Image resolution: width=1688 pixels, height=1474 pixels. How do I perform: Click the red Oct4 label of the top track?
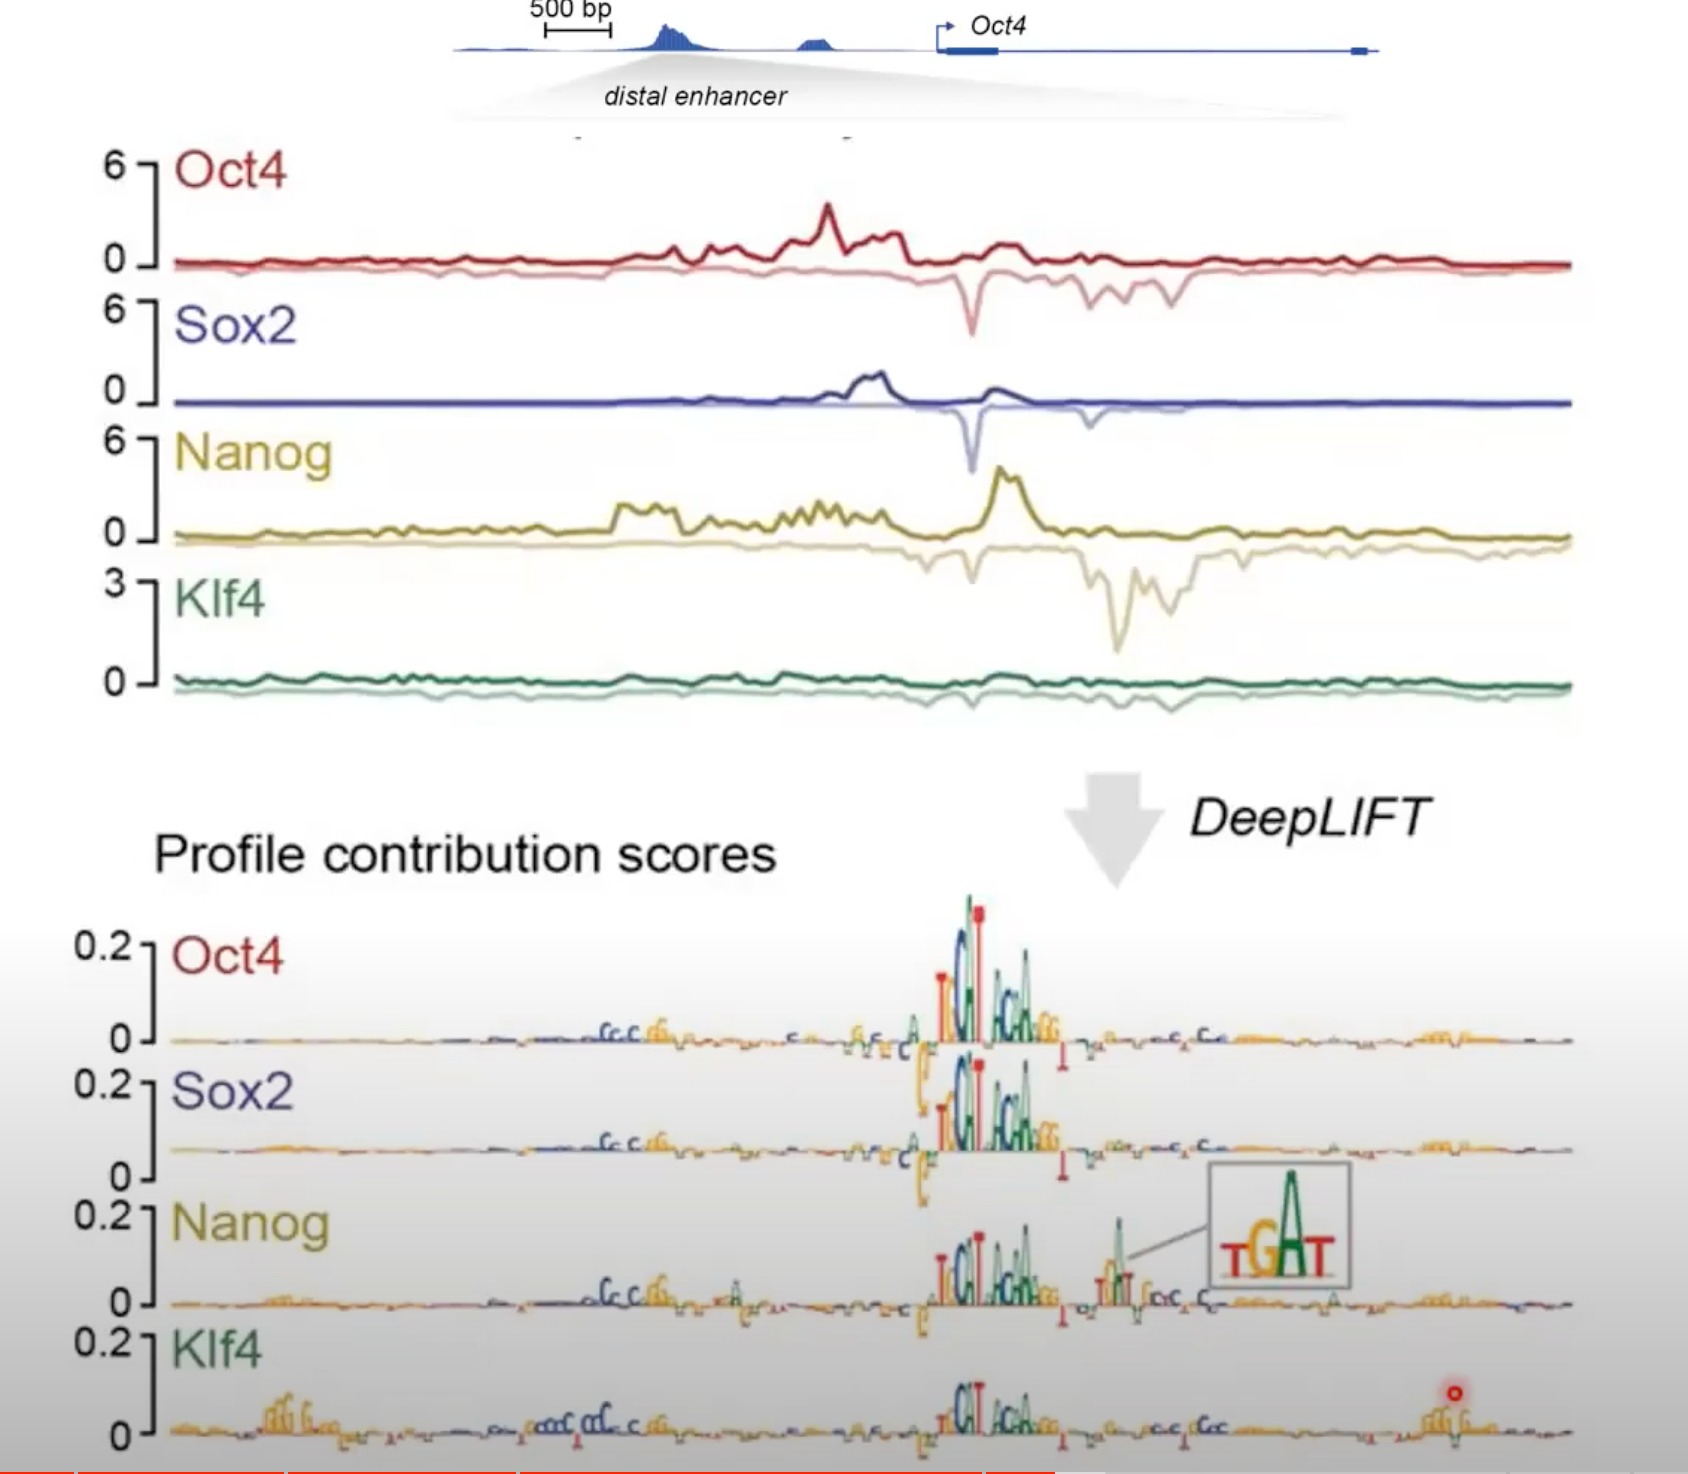coord(230,170)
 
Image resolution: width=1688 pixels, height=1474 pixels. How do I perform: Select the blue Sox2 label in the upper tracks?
coord(235,325)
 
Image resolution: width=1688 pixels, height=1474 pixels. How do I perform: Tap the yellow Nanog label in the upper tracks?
coord(253,454)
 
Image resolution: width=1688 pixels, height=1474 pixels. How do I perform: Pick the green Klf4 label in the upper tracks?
coord(219,600)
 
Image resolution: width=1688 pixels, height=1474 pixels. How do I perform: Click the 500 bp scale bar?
coord(577,31)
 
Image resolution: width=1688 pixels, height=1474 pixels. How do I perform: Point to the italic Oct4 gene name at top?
coord(997,26)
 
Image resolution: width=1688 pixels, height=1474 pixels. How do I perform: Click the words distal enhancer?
coord(695,96)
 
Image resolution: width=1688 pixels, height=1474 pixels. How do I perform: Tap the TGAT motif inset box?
coord(1279,1225)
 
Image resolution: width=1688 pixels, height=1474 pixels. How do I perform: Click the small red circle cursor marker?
coord(1454,1393)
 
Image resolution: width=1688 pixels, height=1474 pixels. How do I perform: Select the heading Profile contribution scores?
coord(465,855)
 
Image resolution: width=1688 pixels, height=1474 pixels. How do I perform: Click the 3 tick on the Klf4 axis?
coord(115,583)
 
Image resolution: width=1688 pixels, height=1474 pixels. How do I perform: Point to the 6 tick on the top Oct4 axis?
coord(115,166)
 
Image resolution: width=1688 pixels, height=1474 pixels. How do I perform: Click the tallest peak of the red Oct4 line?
coord(827,207)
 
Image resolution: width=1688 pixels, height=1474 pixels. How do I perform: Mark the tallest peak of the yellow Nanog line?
coord(1003,471)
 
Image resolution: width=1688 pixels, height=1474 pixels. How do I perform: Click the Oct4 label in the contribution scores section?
coord(228,956)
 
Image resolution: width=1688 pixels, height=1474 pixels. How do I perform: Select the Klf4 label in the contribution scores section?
coord(216,1349)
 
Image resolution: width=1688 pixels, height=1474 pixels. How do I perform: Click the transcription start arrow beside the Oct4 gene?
coord(943,30)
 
